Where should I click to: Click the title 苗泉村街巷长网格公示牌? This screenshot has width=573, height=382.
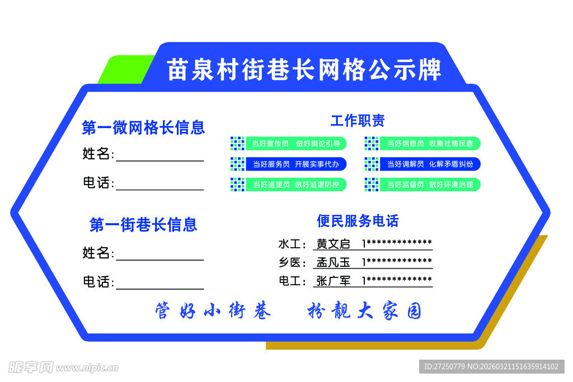(304, 70)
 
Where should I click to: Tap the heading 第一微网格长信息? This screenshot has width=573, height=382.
(143, 128)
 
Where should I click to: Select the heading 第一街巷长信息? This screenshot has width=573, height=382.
(143, 225)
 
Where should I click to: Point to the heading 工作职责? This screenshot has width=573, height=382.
(358, 120)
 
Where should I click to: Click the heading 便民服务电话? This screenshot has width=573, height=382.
(358, 221)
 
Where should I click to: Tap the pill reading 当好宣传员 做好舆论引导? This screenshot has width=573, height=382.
(295, 144)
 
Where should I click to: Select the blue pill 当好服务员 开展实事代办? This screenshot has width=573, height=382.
(295, 164)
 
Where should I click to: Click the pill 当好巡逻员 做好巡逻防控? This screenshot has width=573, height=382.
(295, 185)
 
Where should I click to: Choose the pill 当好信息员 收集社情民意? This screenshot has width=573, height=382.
(430, 144)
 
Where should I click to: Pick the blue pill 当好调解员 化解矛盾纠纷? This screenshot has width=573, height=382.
(430, 164)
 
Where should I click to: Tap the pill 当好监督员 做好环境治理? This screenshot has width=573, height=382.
(430, 185)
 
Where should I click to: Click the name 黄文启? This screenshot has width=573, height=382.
(333, 244)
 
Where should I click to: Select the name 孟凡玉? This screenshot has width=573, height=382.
(333, 262)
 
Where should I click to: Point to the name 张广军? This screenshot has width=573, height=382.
(333, 281)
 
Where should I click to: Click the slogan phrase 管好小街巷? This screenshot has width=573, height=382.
(213, 311)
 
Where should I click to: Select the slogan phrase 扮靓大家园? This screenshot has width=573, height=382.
(364, 311)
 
